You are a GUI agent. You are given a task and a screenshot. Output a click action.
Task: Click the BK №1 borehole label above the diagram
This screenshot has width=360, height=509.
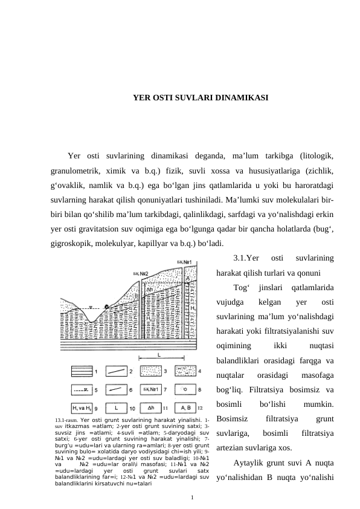[x=185, y=262]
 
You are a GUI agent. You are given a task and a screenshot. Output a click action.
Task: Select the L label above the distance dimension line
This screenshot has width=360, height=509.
[x=159, y=355]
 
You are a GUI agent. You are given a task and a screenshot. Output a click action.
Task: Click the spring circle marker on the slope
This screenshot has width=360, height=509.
[x=107, y=308]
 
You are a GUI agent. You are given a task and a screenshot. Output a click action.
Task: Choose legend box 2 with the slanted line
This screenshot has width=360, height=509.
[x=115, y=370]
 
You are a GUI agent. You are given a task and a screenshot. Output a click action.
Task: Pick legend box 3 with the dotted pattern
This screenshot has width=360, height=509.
[x=150, y=370]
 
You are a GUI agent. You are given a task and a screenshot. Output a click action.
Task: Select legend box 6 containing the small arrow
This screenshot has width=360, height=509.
[x=115, y=389]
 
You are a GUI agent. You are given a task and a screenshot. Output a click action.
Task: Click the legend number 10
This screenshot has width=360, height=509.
[x=132, y=409]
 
